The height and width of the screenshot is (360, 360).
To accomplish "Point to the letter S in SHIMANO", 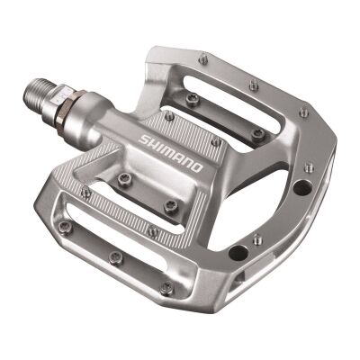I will [147, 138].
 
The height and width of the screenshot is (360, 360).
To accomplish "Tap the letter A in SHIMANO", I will [177, 157].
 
